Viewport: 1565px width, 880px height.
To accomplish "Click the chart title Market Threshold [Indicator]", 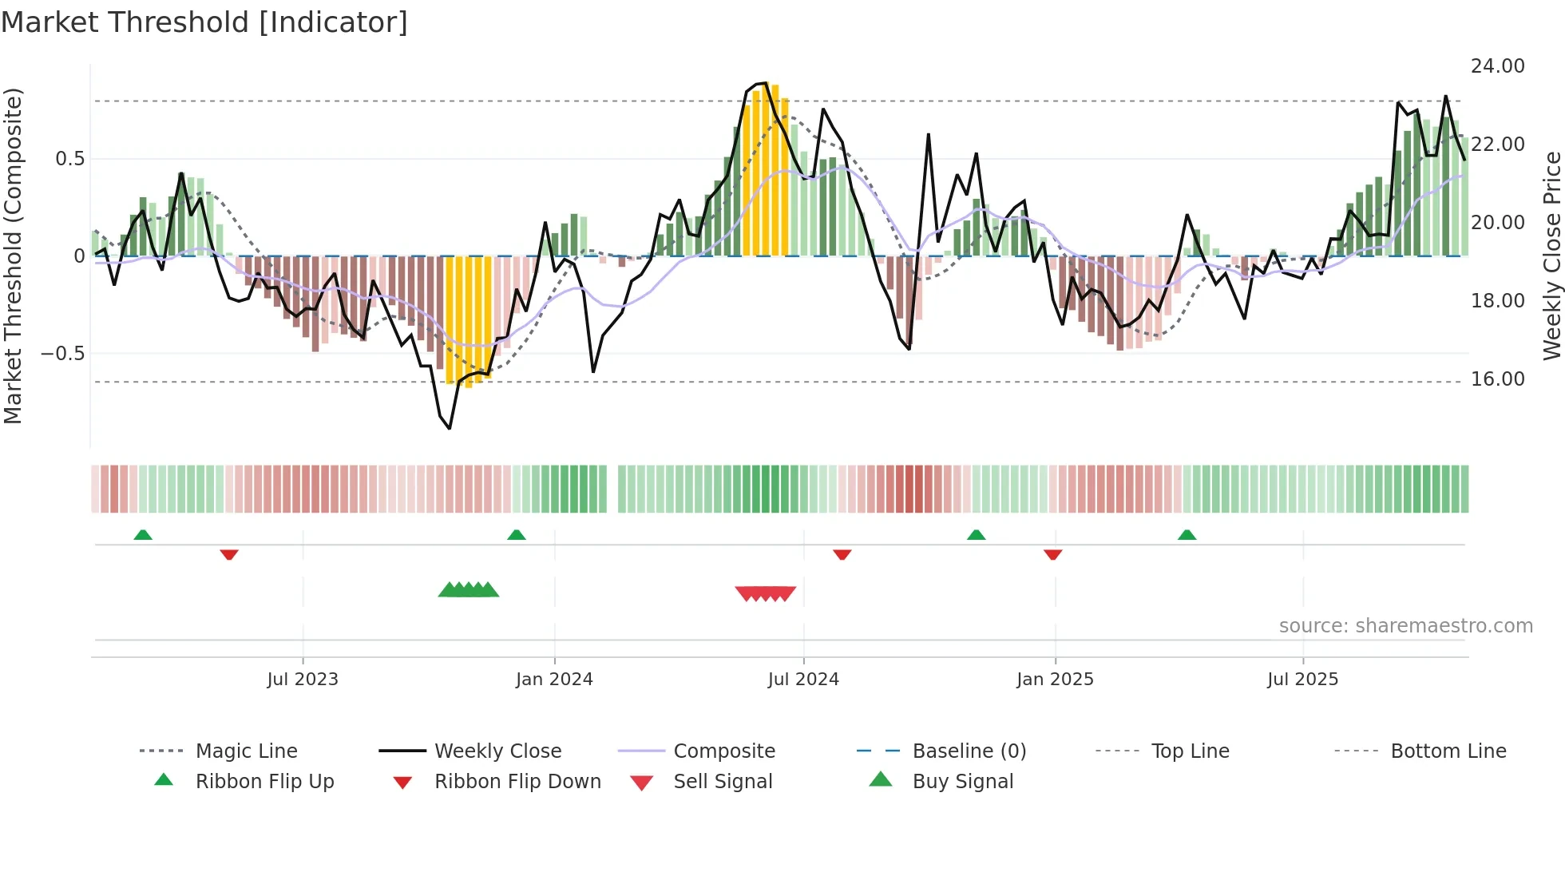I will [204, 22].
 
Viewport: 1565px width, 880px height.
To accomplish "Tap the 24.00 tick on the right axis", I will [1497, 66].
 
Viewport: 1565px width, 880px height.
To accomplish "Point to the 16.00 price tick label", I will [1497, 379].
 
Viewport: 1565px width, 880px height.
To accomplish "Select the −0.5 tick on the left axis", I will [62, 353].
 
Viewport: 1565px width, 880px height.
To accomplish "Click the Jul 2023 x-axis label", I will [303, 680].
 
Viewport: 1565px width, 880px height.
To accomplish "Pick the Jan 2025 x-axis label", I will [1055, 680].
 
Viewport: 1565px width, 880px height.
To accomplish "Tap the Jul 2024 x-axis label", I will [803, 680].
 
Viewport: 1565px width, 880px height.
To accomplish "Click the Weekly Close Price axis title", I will [1551, 256].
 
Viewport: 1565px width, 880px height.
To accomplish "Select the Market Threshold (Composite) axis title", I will [13, 256].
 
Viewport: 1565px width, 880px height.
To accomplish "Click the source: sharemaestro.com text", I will [1405, 626].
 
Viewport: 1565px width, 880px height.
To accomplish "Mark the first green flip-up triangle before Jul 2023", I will [143, 535].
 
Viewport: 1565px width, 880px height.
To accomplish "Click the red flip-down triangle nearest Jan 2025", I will [1052, 554].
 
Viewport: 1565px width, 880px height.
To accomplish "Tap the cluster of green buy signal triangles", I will [469, 590].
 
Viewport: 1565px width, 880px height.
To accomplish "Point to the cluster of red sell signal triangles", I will [765, 593].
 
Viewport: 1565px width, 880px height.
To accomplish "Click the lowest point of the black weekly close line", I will [450, 429].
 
